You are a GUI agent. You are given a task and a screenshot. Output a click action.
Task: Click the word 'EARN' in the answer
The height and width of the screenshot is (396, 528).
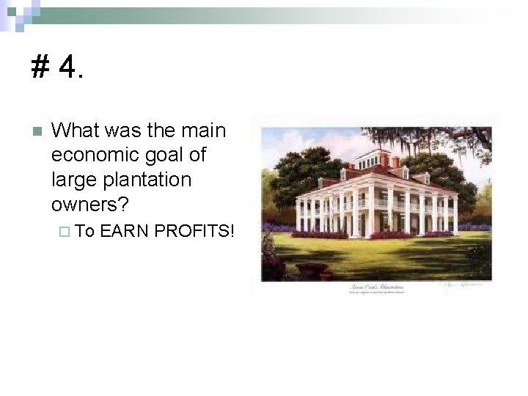click(x=123, y=232)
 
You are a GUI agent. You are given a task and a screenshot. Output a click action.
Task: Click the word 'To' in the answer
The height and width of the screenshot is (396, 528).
click(x=84, y=232)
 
